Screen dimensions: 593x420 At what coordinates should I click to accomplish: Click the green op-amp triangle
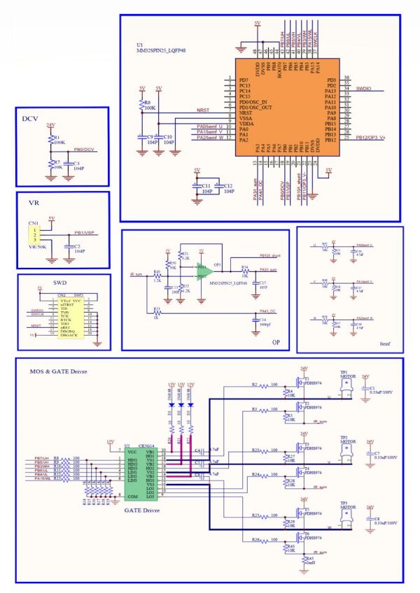tap(204, 269)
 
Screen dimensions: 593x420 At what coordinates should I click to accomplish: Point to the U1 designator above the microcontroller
tap(139, 44)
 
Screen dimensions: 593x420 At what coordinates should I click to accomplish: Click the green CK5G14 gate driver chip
tap(139, 473)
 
